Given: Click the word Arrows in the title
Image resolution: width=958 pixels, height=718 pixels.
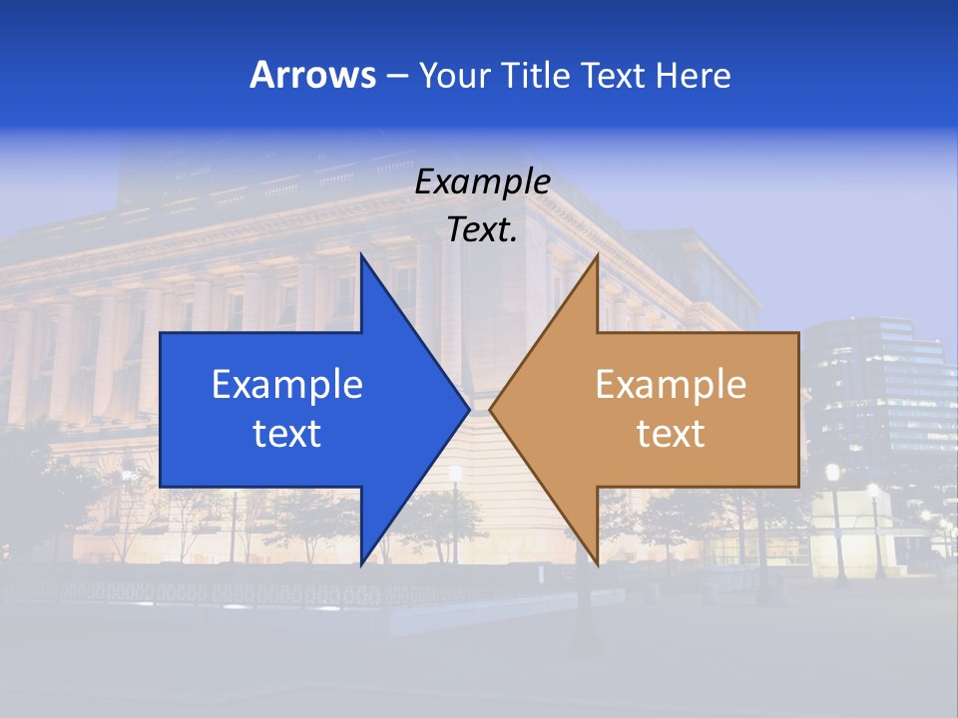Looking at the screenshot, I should tap(312, 75).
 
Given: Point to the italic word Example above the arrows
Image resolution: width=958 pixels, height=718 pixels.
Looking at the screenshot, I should tap(482, 182).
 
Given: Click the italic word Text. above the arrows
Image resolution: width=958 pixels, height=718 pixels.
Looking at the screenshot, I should tap(482, 230).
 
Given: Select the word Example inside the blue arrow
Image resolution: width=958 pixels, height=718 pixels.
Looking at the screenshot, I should tap(287, 385).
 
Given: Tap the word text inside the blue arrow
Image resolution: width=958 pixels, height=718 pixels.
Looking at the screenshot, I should tap(287, 434).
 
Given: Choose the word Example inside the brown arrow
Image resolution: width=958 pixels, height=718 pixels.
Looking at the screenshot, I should tap(671, 385).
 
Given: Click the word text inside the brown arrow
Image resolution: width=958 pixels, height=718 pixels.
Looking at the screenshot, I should tap(671, 434).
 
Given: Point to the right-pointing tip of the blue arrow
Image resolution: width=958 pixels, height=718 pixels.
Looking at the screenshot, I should tap(466, 409).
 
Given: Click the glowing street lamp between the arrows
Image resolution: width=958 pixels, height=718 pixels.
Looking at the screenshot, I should tap(455, 474).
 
